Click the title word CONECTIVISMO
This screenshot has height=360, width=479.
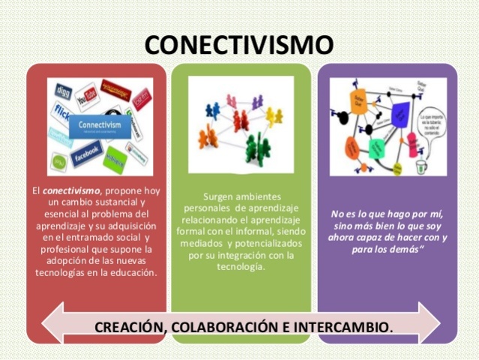[239, 44]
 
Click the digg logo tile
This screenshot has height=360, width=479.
[63, 91]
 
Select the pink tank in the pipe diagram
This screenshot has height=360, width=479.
[412, 142]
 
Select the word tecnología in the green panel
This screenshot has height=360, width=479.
[239, 268]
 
